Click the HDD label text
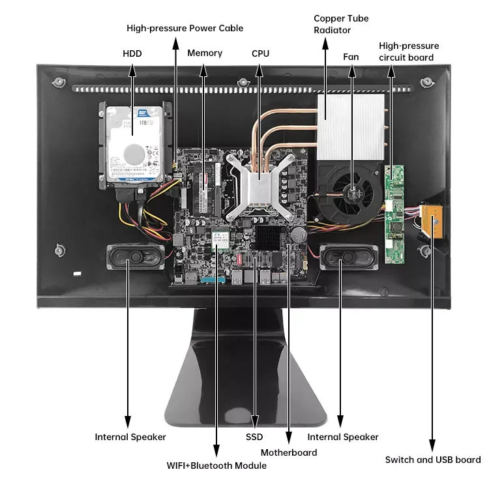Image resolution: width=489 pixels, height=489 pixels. (132, 53)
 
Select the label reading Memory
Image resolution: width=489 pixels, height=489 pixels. (205, 53)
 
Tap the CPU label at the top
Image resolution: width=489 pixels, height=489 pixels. (260, 53)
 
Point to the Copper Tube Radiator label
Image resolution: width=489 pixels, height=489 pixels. (341, 24)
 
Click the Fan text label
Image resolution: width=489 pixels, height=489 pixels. (351, 57)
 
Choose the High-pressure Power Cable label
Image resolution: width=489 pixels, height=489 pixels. (185, 28)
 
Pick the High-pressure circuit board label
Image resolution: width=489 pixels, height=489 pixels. (409, 52)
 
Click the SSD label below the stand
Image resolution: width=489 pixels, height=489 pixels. (255, 437)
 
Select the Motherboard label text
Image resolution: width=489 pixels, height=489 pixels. (289, 452)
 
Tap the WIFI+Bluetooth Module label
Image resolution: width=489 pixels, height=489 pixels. (216, 466)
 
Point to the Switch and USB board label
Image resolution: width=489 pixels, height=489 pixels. (433, 460)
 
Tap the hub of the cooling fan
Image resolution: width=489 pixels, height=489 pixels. (353, 190)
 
